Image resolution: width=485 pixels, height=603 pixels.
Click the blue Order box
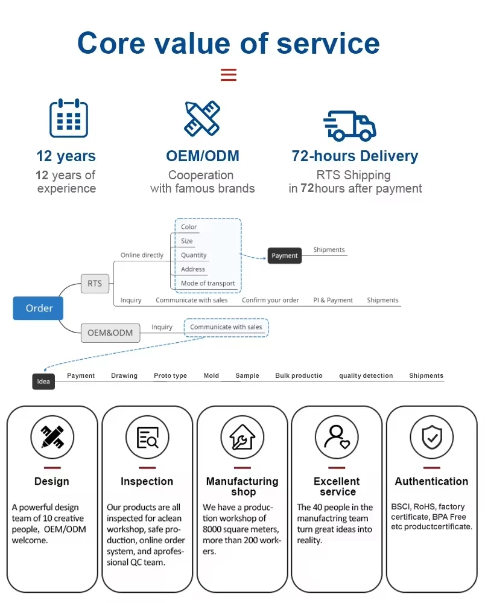[39, 308]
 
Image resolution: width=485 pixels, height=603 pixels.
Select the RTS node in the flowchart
[95, 283]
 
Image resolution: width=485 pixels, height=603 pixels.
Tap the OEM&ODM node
[110, 333]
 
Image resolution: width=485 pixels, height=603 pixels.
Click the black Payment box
[284, 255]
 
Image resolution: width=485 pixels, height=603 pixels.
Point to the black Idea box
[43, 381]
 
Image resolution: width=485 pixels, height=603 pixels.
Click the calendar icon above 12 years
[68, 118]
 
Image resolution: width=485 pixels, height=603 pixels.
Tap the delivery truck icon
[350, 126]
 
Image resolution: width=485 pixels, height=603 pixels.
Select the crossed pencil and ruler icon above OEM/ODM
[202, 118]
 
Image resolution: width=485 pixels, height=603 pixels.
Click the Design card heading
[52, 481]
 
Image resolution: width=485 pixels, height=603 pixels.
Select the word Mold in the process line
[211, 375]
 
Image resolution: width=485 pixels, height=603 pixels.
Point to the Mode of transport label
[208, 283]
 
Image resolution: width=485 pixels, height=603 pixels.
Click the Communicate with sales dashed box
[226, 327]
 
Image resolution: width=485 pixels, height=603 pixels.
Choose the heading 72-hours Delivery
[355, 156]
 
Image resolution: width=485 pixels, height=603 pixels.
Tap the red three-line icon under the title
[228, 75]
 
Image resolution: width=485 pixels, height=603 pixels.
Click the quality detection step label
[366, 375]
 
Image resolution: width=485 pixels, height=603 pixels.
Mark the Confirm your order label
[270, 300]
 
